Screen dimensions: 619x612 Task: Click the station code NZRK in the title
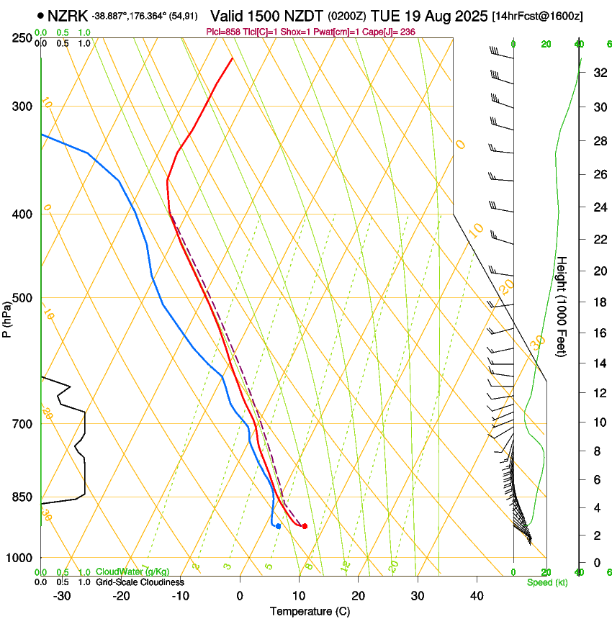point(68,15)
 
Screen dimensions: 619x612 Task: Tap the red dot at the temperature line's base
point(305,526)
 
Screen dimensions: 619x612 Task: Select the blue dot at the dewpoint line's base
point(278,526)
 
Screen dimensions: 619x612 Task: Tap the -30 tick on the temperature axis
point(62,596)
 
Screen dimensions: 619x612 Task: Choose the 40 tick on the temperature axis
point(476,596)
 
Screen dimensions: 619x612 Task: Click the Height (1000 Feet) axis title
point(562,306)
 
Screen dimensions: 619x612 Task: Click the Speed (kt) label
point(546,582)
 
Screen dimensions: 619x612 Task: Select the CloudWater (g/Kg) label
point(132,572)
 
